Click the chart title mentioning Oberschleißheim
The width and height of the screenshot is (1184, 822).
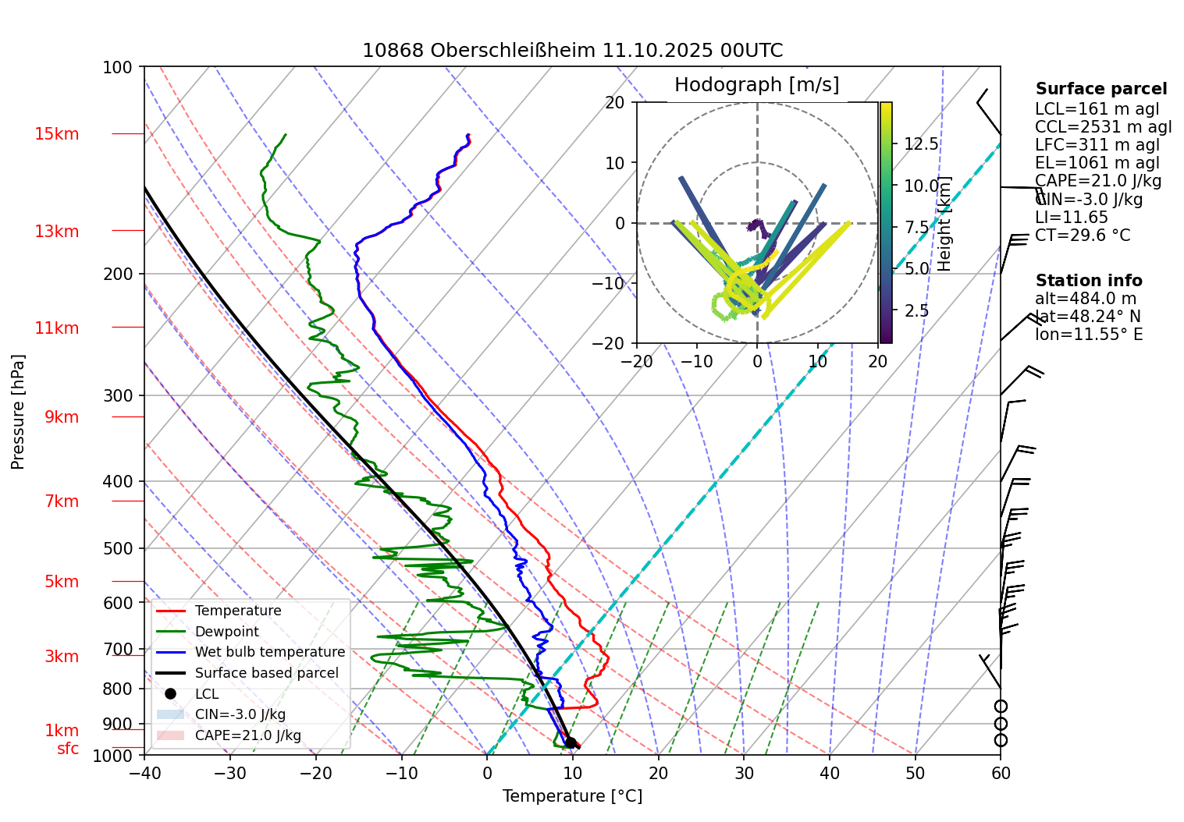572,51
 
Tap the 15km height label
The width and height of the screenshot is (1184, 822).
56,134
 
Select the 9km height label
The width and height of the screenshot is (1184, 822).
62,417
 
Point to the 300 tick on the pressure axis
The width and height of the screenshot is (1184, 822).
118,395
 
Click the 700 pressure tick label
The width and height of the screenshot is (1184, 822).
118,649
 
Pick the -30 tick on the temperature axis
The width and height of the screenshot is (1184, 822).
229,774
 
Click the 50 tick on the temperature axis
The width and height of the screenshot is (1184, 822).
915,774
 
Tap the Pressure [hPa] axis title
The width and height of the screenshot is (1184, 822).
18,412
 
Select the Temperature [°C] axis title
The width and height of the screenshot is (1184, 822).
572,796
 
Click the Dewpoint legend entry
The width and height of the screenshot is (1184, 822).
226,632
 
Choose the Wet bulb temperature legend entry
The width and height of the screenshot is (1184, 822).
269,652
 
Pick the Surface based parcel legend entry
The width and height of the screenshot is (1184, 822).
266,673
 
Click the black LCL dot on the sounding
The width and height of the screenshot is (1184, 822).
571,742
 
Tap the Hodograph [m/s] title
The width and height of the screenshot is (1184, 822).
756,85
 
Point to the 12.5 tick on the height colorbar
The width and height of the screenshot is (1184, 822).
921,143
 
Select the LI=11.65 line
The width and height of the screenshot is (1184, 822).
1071,218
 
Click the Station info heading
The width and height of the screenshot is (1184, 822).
1088,281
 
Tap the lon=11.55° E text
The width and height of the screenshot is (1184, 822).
1088,335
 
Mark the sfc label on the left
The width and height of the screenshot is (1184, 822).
68,749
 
